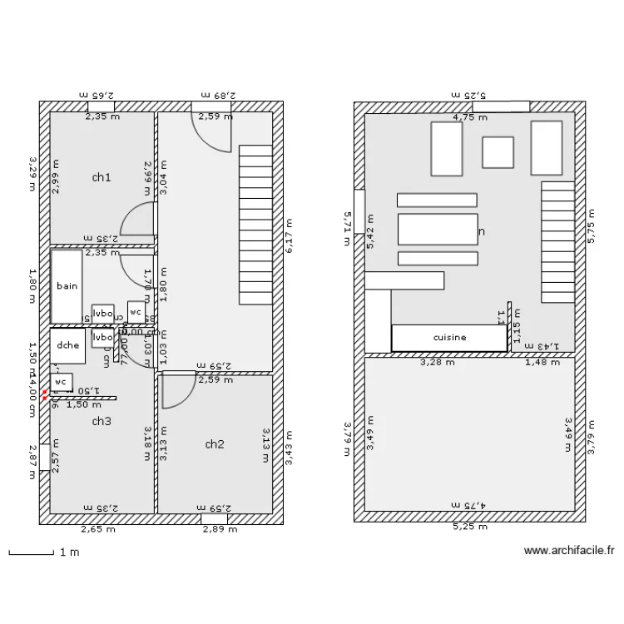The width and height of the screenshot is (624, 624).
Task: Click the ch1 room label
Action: [x=102, y=177]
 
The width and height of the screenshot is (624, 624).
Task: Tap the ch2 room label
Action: [x=215, y=444]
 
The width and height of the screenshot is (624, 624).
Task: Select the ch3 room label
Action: [x=102, y=422]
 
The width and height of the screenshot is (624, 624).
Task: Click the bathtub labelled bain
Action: [x=67, y=286]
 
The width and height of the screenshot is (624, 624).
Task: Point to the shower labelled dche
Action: [x=67, y=346]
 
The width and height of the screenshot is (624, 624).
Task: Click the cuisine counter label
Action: [x=449, y=338]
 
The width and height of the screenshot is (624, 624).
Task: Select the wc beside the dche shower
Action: [x=61, y=383]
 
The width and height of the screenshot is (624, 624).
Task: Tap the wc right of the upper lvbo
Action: [x=136, y=311]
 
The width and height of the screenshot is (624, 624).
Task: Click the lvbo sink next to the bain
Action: [x=103, y=313]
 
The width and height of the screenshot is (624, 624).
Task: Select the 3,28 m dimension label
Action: [x=438, y=362]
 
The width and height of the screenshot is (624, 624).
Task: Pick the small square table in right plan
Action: [x=498, y=152]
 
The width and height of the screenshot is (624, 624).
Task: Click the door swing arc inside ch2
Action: [x=176, y=394]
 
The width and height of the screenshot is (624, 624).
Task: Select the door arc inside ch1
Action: [x=138, y=220]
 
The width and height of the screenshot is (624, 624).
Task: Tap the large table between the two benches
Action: [x=438, y=229]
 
